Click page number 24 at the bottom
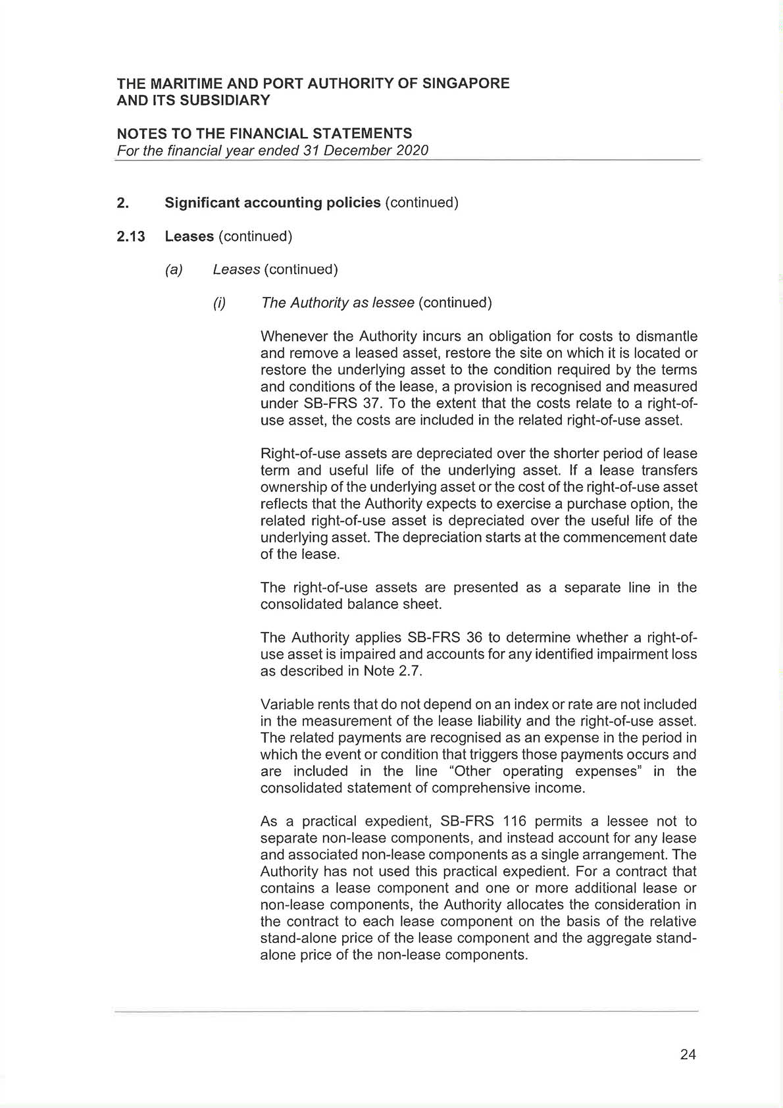point(688,1054)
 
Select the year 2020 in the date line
point(412,150)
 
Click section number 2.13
point(131,236)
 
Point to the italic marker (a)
point(174,269)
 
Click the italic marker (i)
point(219,303)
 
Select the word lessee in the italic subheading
point(393,303)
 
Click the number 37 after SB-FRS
point(372,404)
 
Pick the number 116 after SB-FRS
point(514,821)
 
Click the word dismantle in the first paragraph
point(666,336)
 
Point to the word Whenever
point(292,336)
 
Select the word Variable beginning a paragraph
point(284,704)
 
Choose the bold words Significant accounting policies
point(272,203)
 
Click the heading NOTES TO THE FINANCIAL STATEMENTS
point(265,134)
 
